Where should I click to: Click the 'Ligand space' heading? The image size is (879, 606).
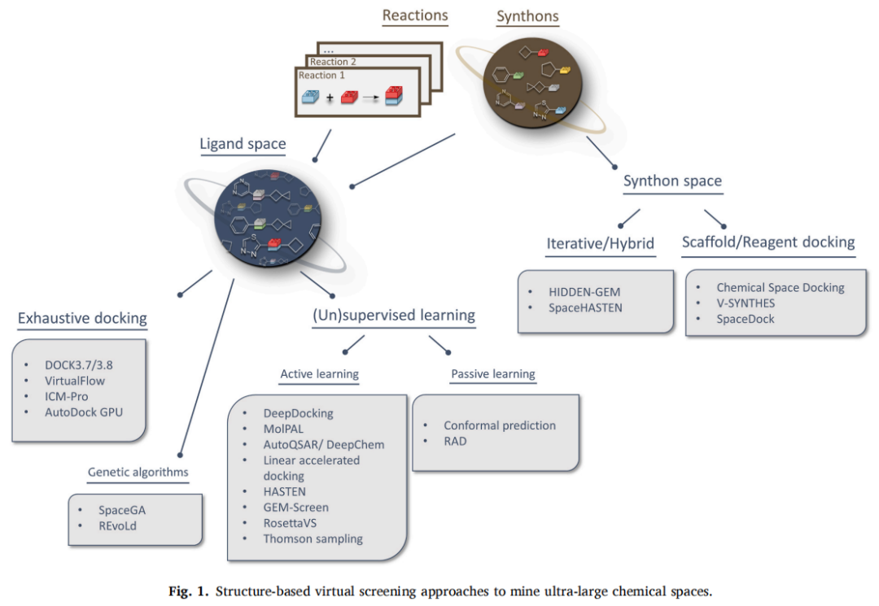[243, 144]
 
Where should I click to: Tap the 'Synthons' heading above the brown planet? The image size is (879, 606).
[527, 16]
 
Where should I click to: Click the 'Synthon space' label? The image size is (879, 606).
[672, 181]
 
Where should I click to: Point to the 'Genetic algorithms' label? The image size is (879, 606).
[138, 472]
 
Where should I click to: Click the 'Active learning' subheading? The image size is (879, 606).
[319, 374]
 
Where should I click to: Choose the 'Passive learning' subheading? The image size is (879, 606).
[492, 374]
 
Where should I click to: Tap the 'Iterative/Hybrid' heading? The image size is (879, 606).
[601, 242]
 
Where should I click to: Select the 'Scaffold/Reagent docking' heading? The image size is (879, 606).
[768, 242]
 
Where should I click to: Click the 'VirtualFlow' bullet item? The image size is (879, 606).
[76, 380]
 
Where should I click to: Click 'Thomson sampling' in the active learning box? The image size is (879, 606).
[313, 538]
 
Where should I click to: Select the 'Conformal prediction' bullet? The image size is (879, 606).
[500, 425]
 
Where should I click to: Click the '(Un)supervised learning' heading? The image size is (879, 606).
[394, 315]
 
